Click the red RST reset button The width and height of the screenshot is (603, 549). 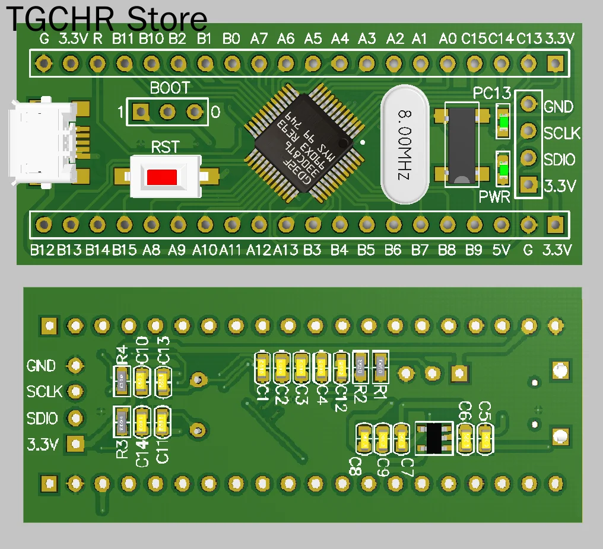click(x=162, y=177)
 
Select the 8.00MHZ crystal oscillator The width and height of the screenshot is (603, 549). click(x=405, y=144)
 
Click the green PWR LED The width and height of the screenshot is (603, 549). click(x=503, y=170)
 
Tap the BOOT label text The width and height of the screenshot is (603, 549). click(x=170, y=88)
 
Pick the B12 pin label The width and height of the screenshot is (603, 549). click(x=42, y=251)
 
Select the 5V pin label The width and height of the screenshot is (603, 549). click(x=501, y=251)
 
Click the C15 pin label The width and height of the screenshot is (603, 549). click(x=474, y=40)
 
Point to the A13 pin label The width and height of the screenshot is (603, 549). click(x=285, y=251)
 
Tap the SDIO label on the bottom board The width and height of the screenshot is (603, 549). click(x=42, y=419)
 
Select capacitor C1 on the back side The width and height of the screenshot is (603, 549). click(x=262, y=368)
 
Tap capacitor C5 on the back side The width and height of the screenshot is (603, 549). click(x=485, y=439)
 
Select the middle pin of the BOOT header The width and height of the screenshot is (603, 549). click(x=168, y=111)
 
